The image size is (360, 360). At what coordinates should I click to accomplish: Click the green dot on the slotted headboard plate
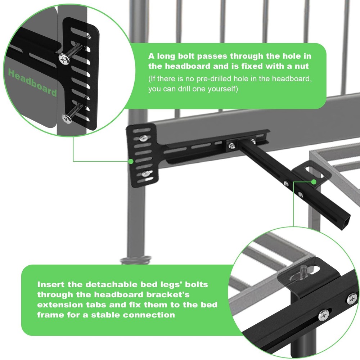131,161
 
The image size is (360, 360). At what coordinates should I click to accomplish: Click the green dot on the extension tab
314,182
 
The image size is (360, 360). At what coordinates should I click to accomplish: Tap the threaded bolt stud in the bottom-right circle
302,273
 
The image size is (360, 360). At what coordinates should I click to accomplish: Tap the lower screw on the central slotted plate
145,174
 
